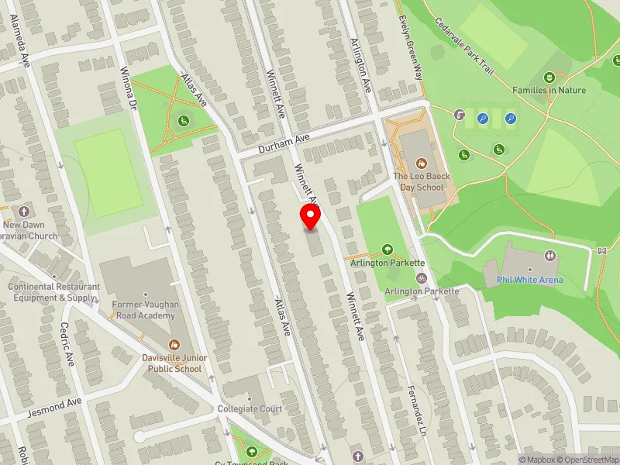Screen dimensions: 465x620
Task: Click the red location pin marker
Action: [311, 217]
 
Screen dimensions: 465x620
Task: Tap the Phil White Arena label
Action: [530, 280]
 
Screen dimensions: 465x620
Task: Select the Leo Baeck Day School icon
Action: [422, 164]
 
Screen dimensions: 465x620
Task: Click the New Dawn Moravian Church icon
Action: [24, 211]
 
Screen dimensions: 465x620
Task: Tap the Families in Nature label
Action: [549, 91]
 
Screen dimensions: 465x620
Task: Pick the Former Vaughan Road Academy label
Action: [146, 310]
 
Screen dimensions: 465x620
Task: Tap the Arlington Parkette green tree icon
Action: [387, 250]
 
